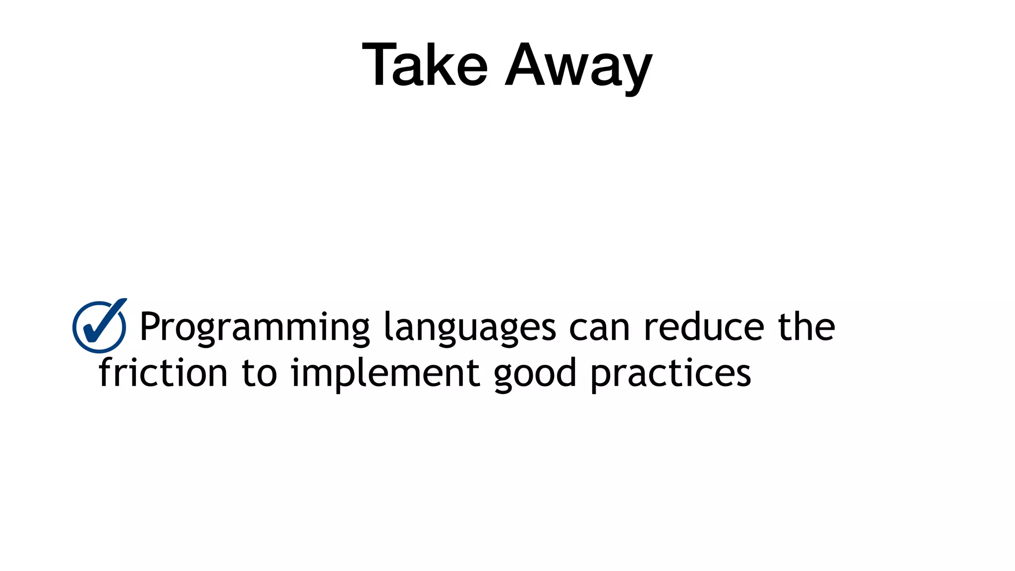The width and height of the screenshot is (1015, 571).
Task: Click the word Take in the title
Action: [425, 65]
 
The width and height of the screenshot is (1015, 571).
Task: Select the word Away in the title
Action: [578, 67]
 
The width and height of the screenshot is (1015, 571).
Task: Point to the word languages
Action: [470, 327]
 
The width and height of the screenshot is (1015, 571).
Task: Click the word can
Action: [599, 328]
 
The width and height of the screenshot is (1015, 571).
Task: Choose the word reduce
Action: [704, 327]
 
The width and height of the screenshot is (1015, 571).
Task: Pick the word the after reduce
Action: [806, 327]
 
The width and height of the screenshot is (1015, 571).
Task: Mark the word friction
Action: [163, 372]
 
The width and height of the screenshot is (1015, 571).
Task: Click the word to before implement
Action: [259, 373]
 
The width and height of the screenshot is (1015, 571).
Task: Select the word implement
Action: [385, 373]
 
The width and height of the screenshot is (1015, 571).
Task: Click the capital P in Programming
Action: [150, 327]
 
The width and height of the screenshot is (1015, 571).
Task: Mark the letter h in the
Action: [805, 327]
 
